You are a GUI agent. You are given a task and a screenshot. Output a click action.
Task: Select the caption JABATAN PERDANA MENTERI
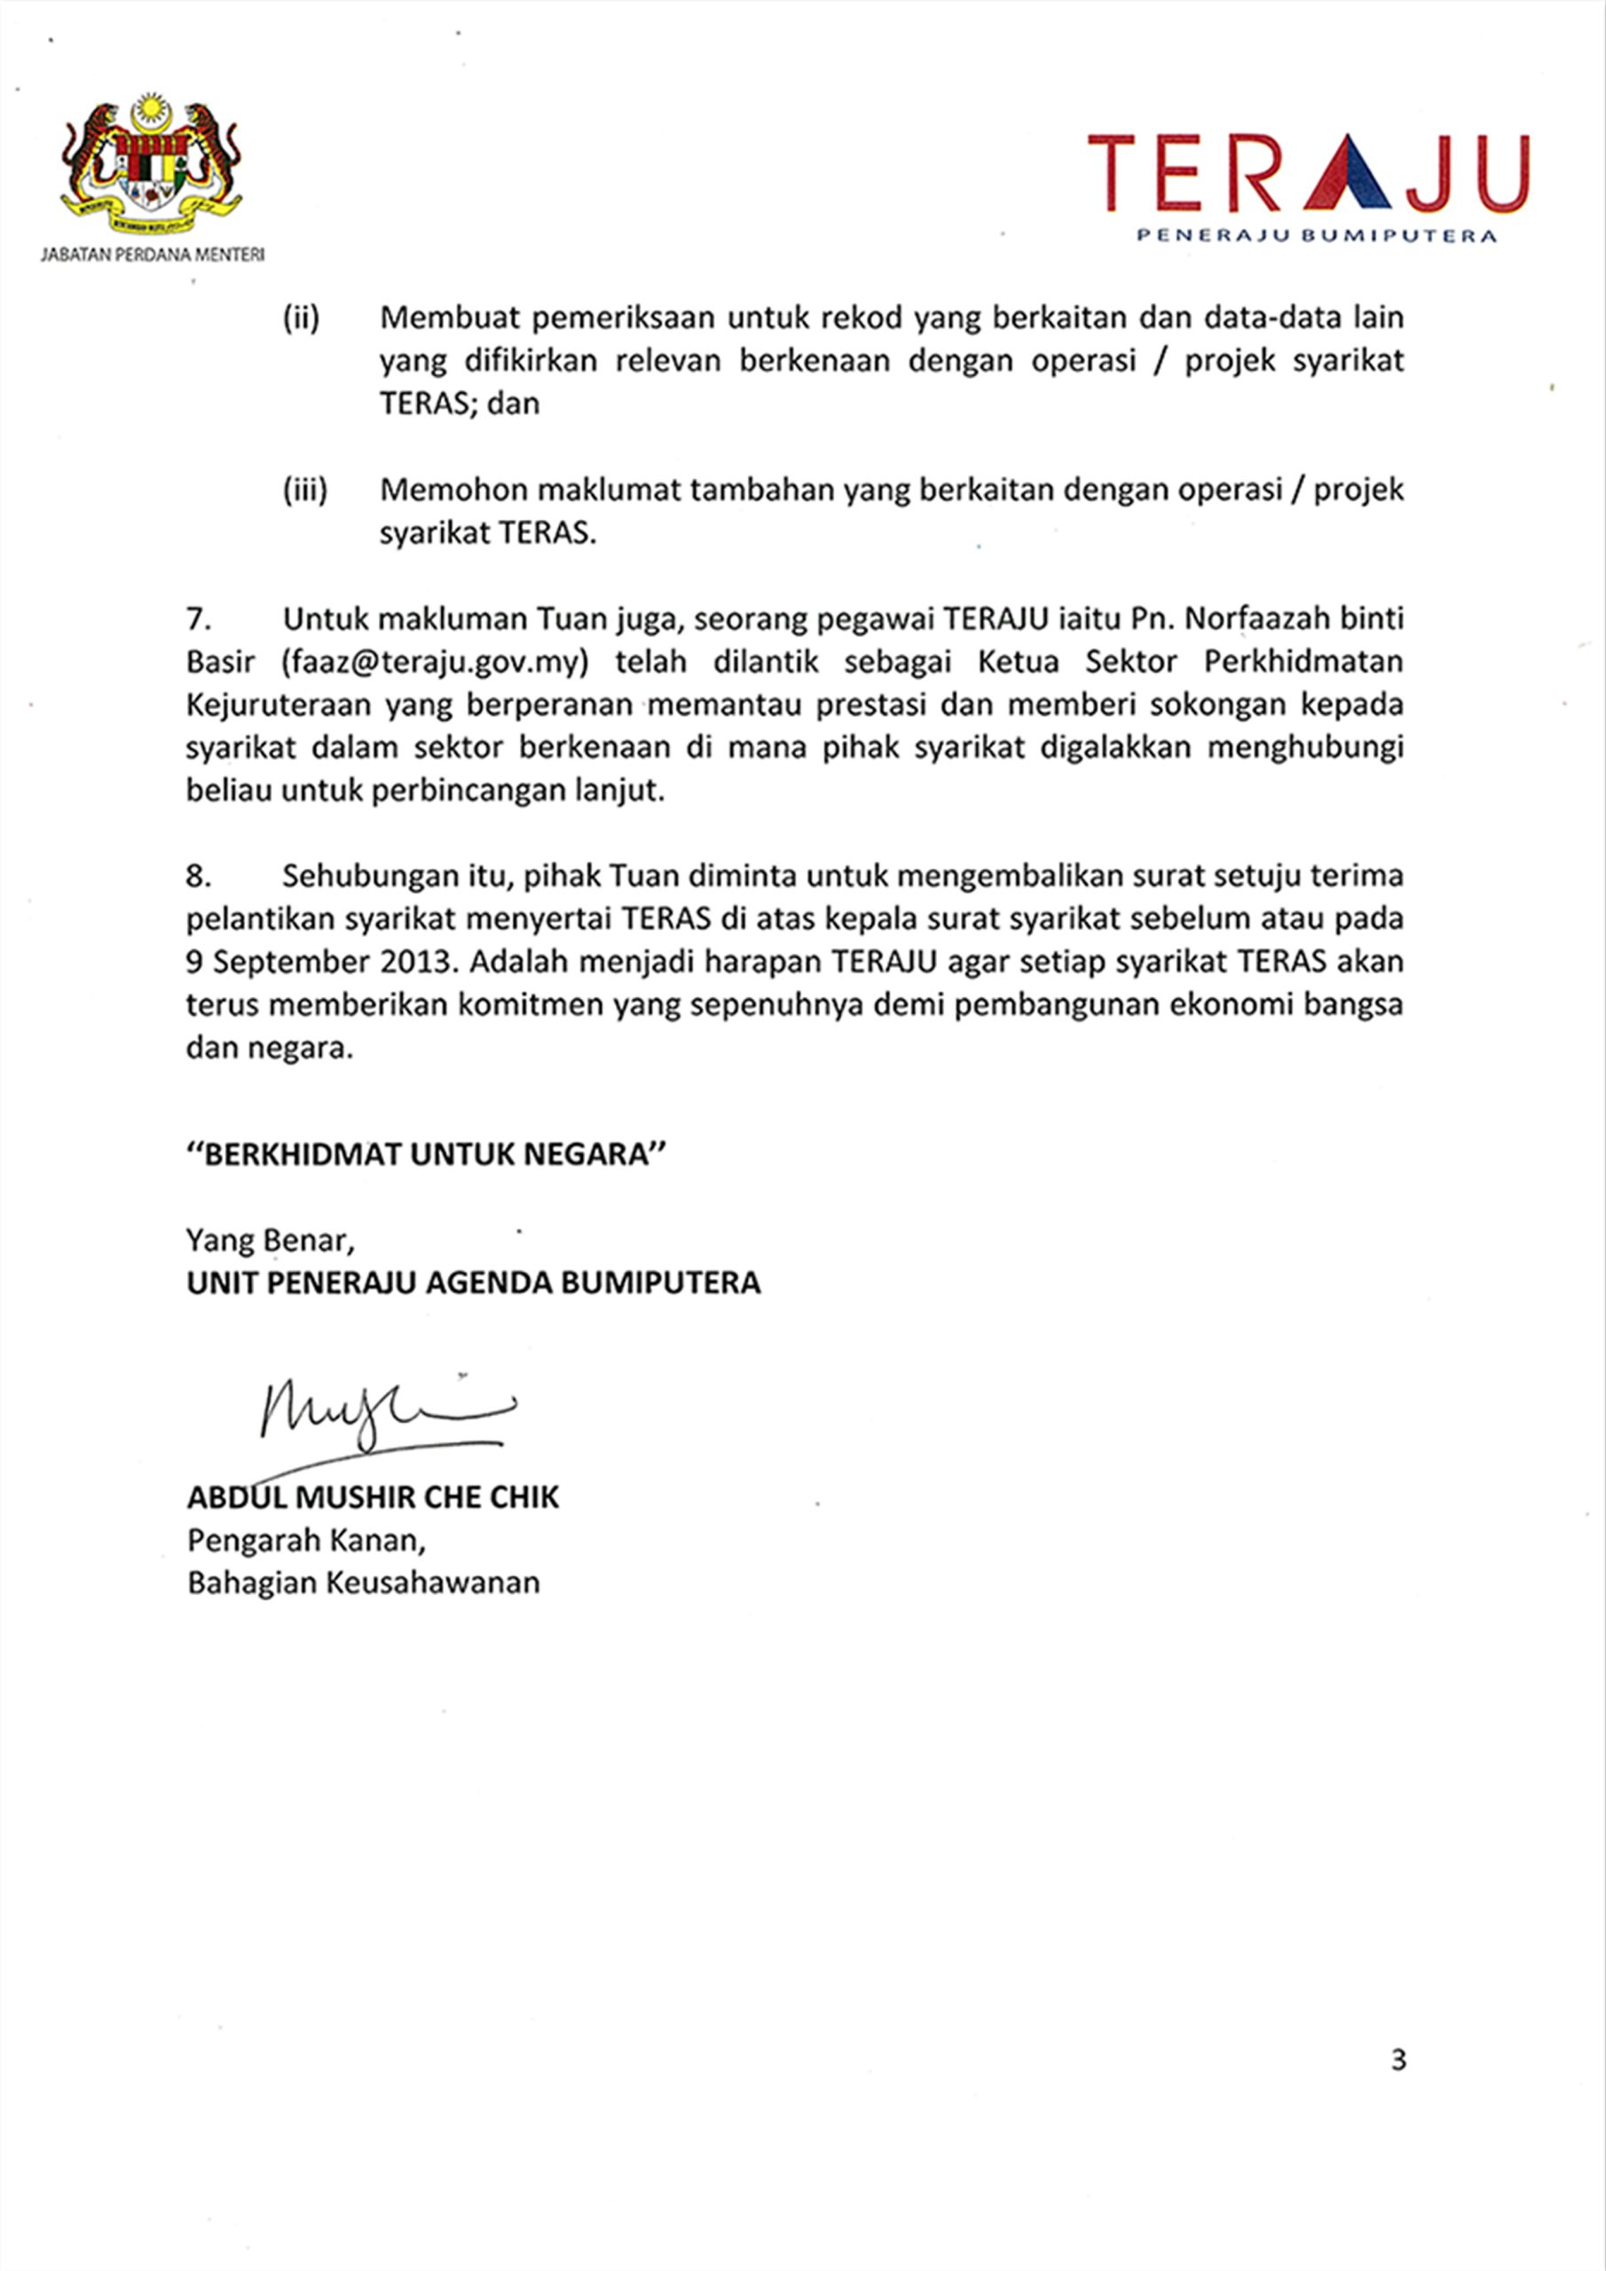152,255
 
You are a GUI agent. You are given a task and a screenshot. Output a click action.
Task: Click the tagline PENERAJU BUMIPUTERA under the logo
1316,235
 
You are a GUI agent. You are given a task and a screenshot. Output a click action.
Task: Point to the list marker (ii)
301,318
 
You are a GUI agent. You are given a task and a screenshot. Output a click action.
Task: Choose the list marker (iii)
304,491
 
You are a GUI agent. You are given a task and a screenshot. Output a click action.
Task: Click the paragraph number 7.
199,619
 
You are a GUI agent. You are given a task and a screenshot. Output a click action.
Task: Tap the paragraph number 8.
199,876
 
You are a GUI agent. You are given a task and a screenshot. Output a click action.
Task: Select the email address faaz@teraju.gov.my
436,662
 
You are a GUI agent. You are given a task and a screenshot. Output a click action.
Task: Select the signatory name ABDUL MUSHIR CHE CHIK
373,1497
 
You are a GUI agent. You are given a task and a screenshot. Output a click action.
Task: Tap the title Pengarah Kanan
306,1541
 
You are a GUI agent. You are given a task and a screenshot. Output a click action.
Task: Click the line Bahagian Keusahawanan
363,1583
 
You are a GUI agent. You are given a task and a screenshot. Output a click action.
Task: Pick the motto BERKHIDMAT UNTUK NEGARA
427,1154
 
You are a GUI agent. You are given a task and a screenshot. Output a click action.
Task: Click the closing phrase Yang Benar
269,1240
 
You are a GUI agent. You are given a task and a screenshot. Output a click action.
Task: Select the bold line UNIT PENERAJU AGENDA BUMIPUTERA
473,1283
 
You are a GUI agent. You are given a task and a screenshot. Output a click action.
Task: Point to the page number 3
1398,2061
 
